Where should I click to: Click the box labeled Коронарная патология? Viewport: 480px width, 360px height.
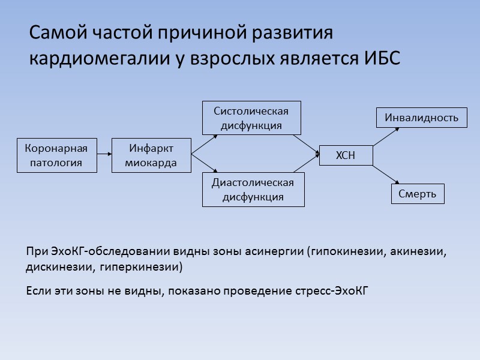click(x=57, y=155)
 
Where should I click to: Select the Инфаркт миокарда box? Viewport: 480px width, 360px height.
click(x=151, y=155)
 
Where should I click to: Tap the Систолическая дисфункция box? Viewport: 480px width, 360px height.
click(x=251, y=118)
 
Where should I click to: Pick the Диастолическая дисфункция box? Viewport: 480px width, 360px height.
click(x=253, y=190)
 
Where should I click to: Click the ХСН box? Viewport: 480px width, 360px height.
click(x=345, y=155)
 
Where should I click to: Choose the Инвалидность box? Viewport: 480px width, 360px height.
click(x=421, y=118)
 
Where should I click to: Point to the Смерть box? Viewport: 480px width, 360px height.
click(x=418, y=194)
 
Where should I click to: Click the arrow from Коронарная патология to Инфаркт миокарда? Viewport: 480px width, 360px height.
click(x=104, y=155)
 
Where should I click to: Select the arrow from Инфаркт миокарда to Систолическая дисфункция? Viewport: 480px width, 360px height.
click(x=204, y=136)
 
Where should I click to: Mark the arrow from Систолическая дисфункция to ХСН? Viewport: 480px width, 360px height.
click(x=305, y=144)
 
